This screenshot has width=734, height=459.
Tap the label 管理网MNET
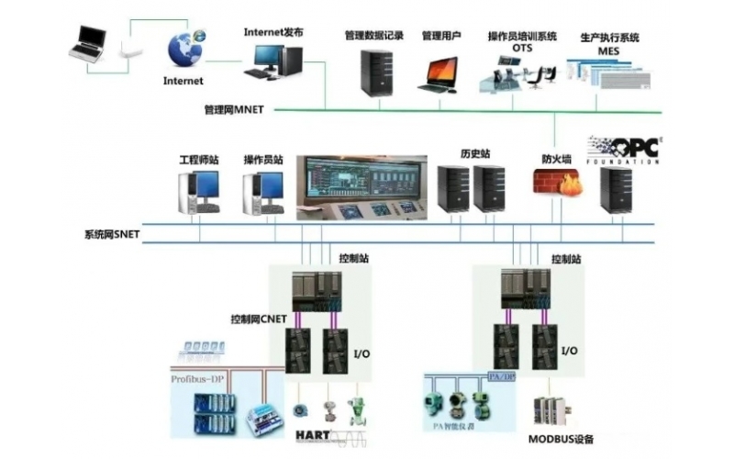point(234,109)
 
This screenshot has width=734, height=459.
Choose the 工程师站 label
point(199,160)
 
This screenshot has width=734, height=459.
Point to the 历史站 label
point(474,152)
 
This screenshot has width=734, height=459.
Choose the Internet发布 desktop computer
point(272,61)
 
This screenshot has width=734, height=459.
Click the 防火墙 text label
point(556,159)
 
